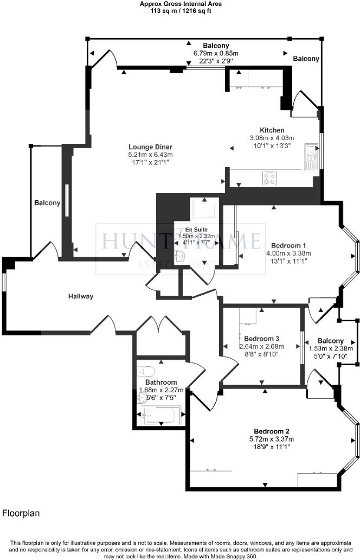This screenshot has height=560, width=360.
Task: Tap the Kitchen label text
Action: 272,130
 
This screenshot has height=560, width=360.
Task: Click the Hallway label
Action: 81,296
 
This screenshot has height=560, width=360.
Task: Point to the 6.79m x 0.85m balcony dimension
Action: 216,53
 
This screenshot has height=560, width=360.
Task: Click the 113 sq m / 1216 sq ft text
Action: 181,10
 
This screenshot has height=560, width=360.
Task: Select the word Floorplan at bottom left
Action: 21,512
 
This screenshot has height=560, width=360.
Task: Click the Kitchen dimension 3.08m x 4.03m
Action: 272,138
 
